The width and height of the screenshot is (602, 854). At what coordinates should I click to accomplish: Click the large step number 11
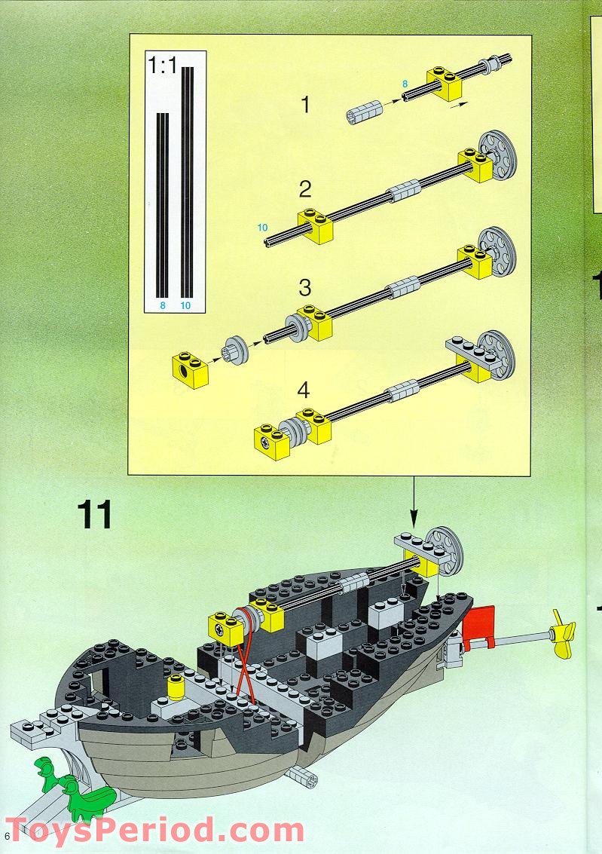[94, 515]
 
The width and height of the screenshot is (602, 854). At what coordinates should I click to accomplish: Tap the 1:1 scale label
[163, 66]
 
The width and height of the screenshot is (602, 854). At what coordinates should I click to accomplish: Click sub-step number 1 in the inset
[304, 105]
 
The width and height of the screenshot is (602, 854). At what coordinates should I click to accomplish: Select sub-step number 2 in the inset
[304, 188]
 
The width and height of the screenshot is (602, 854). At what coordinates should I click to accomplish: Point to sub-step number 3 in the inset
[304, 287]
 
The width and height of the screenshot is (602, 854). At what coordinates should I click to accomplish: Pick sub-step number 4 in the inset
[304, 390]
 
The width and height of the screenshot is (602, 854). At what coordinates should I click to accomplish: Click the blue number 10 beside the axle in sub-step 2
[261, 227]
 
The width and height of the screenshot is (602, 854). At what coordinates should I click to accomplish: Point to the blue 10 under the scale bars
[186, 305]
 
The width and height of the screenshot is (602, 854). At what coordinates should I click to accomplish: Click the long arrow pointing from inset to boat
[413, 501]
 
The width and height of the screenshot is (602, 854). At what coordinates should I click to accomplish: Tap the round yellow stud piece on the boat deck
[176, 687]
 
